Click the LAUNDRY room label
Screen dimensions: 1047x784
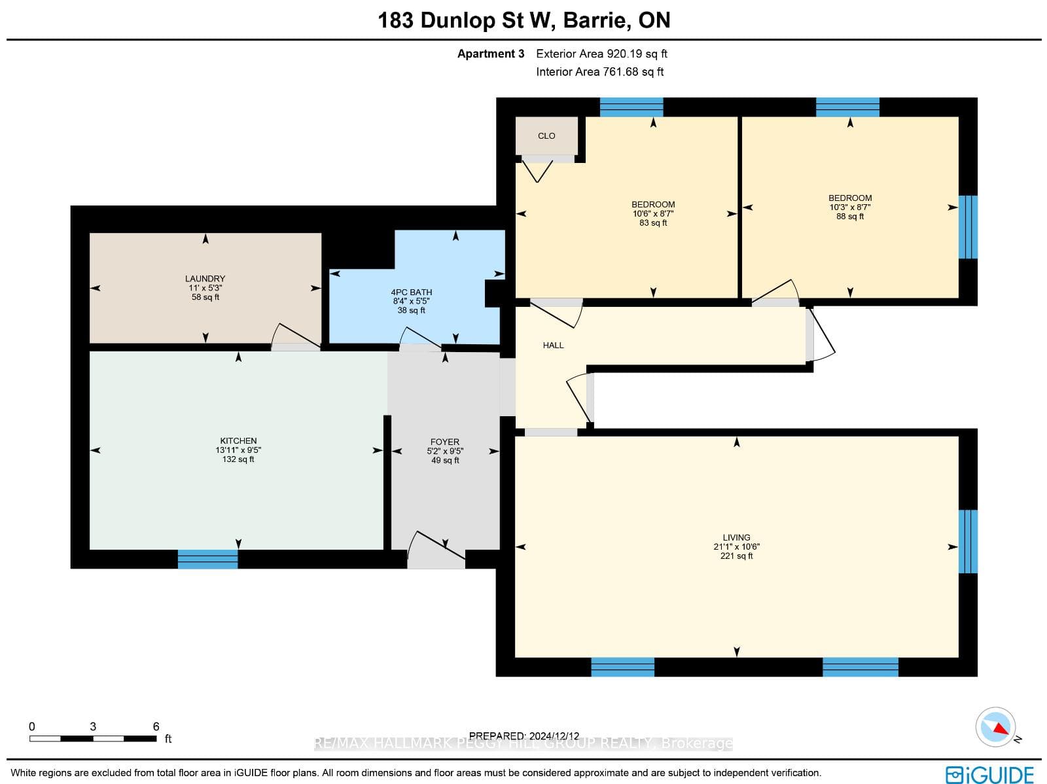(205, 279)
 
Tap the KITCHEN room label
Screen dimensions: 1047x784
(238, 441)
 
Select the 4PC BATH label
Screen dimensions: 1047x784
(412, 293)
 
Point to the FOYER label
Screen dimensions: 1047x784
(445, 442)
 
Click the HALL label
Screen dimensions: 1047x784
(554, 346)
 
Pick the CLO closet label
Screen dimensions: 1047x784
(546, 136)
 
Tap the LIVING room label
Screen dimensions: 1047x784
(736, 537)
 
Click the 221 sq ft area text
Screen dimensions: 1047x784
(736, 556)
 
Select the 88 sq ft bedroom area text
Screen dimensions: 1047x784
(850, 217)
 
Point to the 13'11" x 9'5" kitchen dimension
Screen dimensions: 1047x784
(238, 450)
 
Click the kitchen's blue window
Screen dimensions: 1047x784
(208, 560)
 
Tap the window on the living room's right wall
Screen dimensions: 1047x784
(968, 541)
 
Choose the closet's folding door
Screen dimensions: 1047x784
(538, 171)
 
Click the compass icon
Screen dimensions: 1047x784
(995, 727)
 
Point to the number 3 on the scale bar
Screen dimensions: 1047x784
(93, 726)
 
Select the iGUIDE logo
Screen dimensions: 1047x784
(990, 774)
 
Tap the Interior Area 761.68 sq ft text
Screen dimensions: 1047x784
(600, 72)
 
